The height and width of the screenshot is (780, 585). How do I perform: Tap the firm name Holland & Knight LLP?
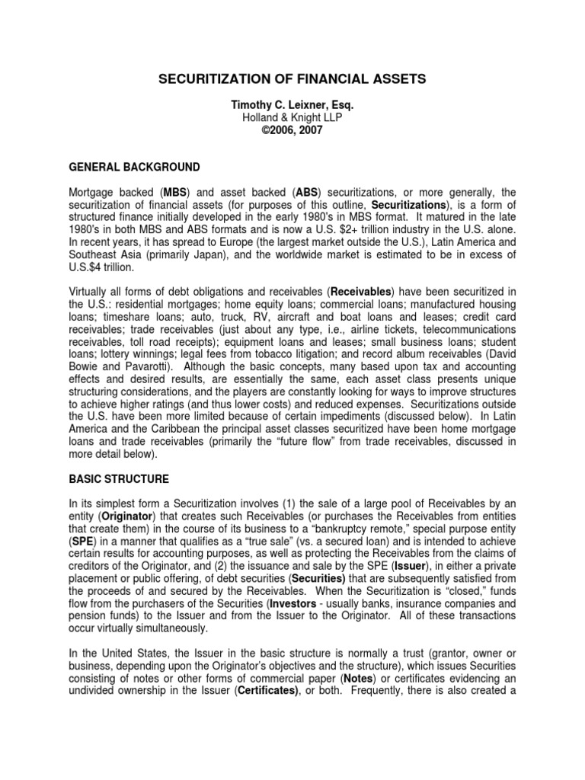click(x=292, y=118)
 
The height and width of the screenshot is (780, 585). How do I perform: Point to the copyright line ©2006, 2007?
click(x=292, y=130)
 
